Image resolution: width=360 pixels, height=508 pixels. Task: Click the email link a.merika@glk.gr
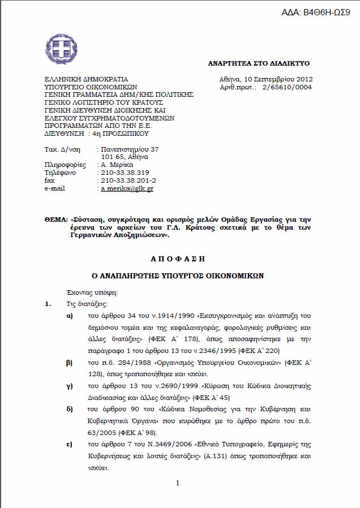click(x=127, y=188)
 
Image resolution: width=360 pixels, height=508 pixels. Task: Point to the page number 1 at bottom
click(x=178, y=483)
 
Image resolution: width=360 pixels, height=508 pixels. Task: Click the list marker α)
click(x=70, y=316)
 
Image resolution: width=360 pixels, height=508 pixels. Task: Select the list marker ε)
click(x=69, y=443)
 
